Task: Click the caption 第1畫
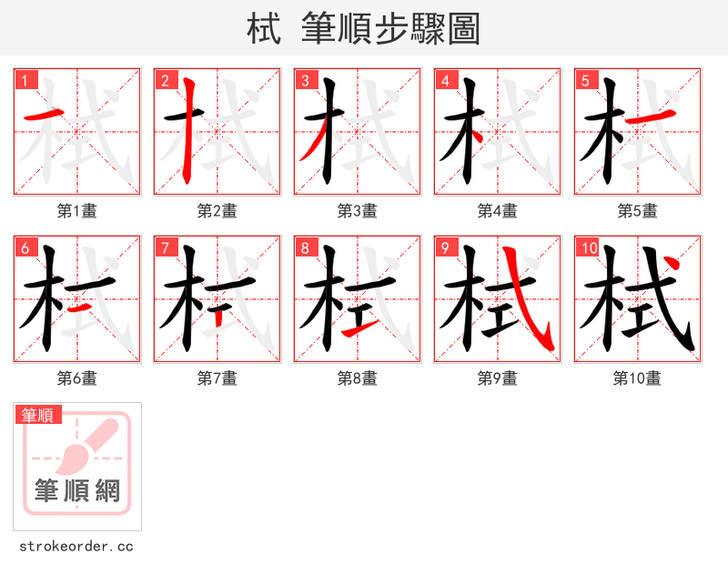coord(77,211)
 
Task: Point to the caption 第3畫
coord(358,211)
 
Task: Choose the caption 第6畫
coord(77,378)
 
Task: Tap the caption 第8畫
coord(358,378)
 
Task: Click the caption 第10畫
coord(637,378)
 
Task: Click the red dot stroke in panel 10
coord(671,265)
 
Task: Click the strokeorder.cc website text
coord(76,547)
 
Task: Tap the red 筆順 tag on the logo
coord(38,415)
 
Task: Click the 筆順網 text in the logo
coord(77,491)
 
